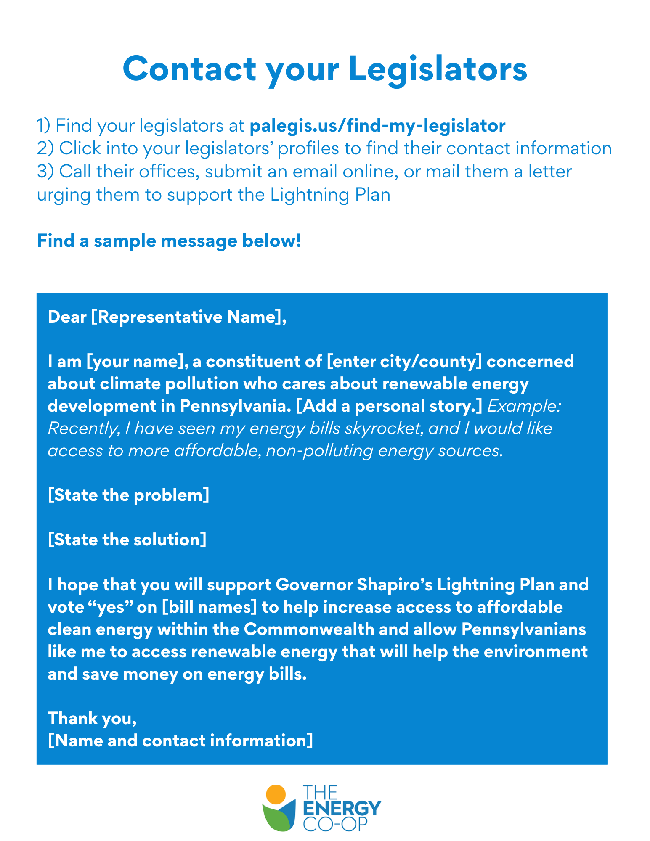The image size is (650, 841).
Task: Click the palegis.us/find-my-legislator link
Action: point(377,126)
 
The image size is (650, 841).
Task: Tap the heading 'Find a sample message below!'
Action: point(169,241)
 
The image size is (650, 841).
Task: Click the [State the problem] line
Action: point(128,495)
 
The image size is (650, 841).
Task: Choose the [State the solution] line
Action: point(127,540)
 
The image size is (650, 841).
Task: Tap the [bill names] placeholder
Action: point(209,607)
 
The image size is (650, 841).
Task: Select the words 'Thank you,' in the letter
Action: point(92,718)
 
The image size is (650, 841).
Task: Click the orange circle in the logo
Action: point(276,795)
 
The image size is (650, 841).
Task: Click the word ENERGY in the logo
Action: point(342,809)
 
